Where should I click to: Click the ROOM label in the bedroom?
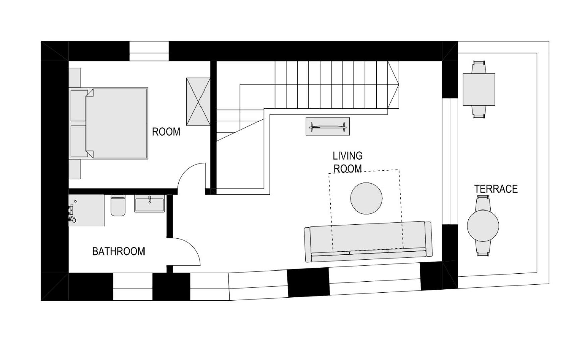tap(166, 132)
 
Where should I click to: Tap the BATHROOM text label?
tap(118, 252)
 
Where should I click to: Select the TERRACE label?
tap(496, 189)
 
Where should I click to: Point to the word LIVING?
tap(347, 156)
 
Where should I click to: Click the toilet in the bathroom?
tap(118, 205)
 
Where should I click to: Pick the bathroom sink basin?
tap(150, 203)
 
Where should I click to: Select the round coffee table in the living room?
tap(366, 198)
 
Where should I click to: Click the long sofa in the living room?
tap(368, 242)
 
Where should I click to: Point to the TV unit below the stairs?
tap(328, 126)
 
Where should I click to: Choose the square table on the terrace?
tap(479, 89)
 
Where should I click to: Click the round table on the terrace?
tap(483, 226)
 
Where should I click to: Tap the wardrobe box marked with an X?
tap(198, 102)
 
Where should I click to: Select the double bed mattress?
tap(117, 123)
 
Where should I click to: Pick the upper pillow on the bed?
tap(79, 105)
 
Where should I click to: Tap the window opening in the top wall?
tap(149, 51)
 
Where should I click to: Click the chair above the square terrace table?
tap(479, 67)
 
